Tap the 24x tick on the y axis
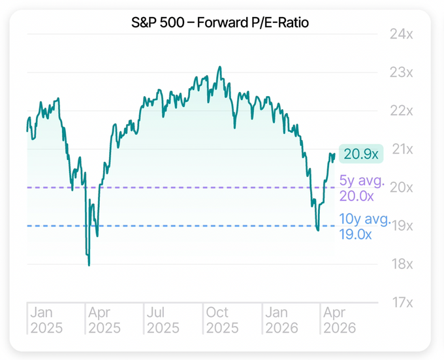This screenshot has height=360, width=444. click(x=402, y=34)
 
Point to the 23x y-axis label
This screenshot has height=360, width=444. click(x=402, y=73)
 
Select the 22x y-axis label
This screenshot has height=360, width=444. click(x=402, y=111)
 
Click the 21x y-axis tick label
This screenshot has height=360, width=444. click(x=402, y=149)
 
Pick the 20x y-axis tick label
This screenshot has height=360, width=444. click(x=402, y=188)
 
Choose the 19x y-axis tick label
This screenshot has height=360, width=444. click(x=402, y=226)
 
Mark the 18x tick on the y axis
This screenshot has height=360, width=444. click(x=402, y=265)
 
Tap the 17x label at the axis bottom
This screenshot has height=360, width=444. click(x=402, y=303)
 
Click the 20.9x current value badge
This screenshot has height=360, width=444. click(x=361, y=154)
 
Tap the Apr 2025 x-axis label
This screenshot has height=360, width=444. click(x=104, y=319)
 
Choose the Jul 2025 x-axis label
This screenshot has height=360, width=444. click(x=163, y=319)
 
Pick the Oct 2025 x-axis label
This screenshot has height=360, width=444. click(x=221, y=319)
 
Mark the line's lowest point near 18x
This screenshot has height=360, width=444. click(x=89, y=265)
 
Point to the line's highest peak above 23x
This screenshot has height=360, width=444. click(x=219, y=67)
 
